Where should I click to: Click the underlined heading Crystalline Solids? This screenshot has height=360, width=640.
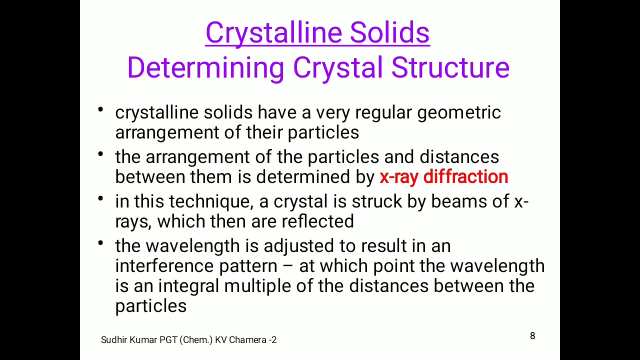click(317, 33)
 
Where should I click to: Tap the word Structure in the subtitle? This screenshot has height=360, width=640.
click(450, 67)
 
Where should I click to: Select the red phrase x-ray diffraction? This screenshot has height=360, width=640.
click(443, 177)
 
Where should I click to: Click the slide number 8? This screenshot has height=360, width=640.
click(532, 336)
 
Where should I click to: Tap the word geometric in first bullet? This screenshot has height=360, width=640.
click(459, 113)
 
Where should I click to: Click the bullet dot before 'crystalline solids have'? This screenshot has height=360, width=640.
click(101, 109)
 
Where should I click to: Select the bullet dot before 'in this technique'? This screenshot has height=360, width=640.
click(101, 198)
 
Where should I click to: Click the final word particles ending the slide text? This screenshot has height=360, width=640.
click(150, 306)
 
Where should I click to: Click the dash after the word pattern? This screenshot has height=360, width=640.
click(288, 266)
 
